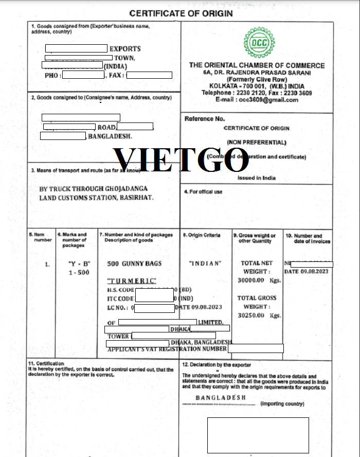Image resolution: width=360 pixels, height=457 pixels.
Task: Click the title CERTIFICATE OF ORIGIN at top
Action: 181,13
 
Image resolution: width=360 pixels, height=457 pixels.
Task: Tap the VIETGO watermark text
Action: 181,159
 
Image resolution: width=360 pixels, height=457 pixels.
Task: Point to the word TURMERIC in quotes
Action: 131,281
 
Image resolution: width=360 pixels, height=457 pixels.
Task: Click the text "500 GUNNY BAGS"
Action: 134,263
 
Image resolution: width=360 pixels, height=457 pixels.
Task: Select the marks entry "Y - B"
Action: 79,263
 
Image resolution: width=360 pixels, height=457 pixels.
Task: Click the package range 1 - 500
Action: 79,272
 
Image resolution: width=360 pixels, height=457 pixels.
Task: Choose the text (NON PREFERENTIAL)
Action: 257,142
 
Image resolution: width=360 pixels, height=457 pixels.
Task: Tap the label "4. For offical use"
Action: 203,192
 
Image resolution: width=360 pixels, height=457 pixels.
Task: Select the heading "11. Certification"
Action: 46,363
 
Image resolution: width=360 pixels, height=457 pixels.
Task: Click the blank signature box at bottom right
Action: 258,435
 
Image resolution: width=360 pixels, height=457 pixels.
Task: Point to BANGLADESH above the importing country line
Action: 221,398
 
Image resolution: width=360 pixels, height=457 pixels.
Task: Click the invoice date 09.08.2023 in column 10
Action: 314,272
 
